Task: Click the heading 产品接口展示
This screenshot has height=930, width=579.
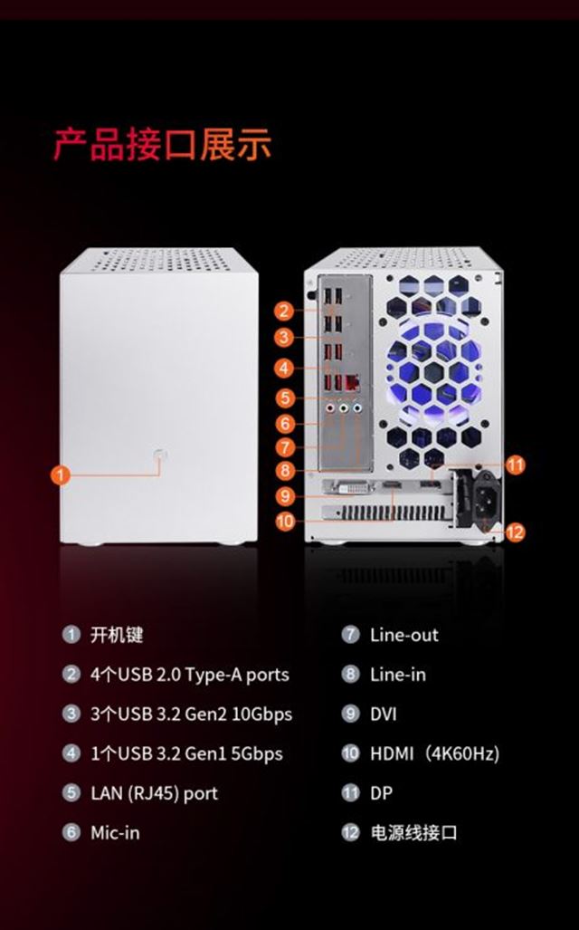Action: (162, 145)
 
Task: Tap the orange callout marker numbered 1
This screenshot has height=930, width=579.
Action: (61, 475)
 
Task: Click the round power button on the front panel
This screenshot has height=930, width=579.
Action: (160, 455)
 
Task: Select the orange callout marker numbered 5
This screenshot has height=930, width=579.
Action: (285, 398)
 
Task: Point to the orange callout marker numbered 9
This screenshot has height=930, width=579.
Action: (285, 495)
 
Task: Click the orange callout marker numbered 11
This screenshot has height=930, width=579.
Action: (515, 465)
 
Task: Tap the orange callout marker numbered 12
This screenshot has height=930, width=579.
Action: (515, 532)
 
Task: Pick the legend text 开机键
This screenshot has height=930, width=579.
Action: (117, 635)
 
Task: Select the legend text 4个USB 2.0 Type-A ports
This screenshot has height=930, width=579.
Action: (190, 675)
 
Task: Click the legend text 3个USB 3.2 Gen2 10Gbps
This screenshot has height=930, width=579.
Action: (191, 714)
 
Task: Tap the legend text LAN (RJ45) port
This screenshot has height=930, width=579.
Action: (154, 793)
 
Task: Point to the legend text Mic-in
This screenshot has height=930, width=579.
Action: (115, 833)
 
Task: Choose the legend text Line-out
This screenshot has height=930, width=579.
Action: (403, 635)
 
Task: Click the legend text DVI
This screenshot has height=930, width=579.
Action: (383, 714)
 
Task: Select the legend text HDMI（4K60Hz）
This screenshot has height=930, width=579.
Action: (434, 753)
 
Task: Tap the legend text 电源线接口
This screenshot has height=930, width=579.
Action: (413, 833)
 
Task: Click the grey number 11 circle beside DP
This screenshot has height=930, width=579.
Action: (350, 793)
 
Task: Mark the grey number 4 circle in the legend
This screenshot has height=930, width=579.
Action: (71, 753)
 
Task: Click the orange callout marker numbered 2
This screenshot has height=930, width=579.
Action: (285, 312)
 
